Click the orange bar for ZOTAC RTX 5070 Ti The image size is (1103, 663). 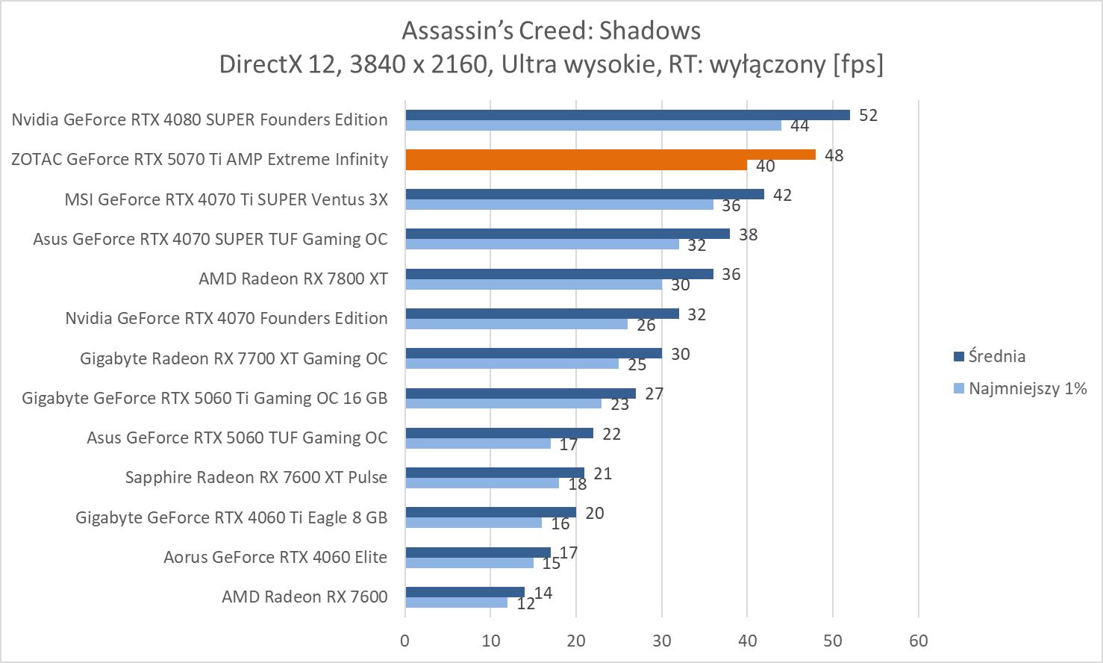tap(610, 155)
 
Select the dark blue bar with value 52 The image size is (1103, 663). tap(627, 115)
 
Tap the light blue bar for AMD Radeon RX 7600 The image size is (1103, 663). tap(456, 603)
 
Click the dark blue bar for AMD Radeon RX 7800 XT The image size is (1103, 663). tap(559, 274)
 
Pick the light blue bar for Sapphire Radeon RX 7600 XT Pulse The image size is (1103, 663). tap(482, 483)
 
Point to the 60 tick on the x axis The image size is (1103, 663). tap(918, 641)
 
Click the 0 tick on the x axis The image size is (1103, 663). tap(405, 641)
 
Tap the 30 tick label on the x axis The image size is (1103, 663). tap(662, 641)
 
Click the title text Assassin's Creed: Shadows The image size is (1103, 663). tap(551, 31)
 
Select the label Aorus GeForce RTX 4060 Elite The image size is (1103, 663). tap(275, 557)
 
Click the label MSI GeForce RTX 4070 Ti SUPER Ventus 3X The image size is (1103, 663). tap(226, 199)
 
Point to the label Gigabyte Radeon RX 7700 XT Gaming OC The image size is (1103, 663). tap(234, 358)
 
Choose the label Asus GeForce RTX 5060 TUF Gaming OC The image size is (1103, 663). tap(237, 438)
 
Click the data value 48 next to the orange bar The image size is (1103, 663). tap(834, 155)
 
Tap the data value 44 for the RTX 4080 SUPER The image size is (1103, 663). tap(799, 126)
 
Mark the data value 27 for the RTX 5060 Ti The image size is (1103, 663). tap(654, 393)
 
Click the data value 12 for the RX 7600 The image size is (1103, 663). tap(525, 604)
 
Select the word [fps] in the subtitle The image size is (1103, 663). tap(857, 65)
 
